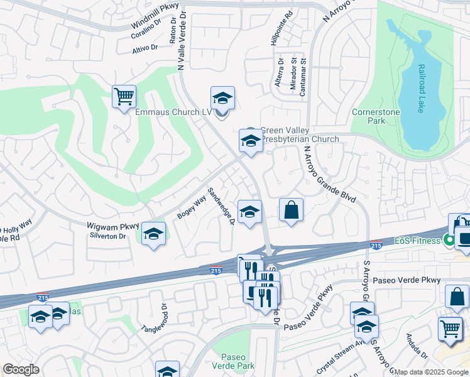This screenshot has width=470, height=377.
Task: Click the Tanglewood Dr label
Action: point(154,319)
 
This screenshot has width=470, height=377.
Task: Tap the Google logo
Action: point(21,369)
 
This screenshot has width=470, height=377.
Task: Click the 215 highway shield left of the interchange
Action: point(216,270)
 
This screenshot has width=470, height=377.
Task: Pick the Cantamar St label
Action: point(303,74)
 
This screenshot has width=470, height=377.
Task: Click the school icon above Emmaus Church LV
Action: point(222,99)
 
